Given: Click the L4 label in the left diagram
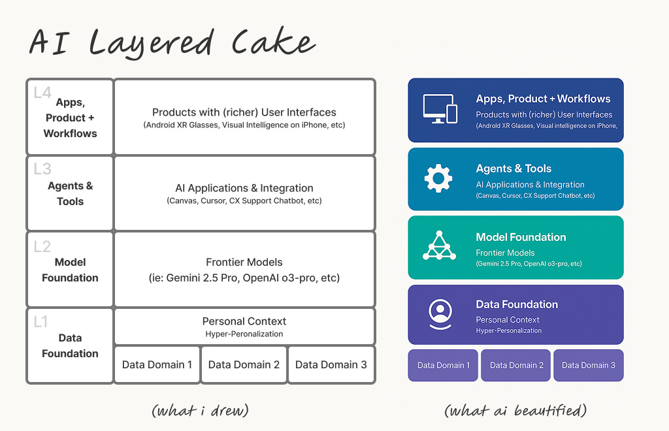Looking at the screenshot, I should (x=42, y=93).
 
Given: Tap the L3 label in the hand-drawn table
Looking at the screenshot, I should (x=42, y=169).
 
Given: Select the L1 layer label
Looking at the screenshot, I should (x=41, y=322).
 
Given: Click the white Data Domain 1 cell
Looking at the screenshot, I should (x=157, y=364).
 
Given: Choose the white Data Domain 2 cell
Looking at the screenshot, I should (x=244, y=364).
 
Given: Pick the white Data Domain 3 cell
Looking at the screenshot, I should (x=331, y=364).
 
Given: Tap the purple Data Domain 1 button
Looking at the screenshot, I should (x=444, y=365).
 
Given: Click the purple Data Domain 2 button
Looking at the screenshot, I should (x=517, y=365).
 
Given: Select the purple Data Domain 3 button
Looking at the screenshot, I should (x=589, y=365).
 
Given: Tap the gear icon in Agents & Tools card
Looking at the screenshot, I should (x=438, y=178).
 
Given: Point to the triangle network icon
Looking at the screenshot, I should (x=439, y=246).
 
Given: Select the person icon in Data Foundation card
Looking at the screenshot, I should (x=440, y=313).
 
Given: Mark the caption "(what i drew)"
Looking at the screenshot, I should (x=200, y=410).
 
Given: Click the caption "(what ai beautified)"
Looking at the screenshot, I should (x=515, y=410).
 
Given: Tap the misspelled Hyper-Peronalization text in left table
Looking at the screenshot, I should (x=244, y=334).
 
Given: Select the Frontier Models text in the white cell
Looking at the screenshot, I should (x=244, y=262).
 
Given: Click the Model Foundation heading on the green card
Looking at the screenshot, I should (x=521, y=237).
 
